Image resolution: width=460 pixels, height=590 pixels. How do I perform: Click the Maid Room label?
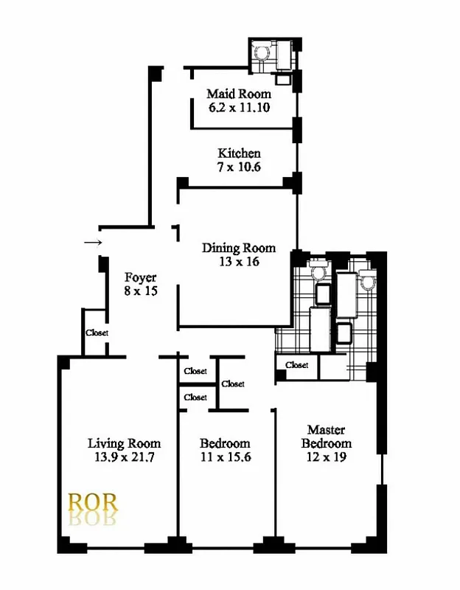click(x=238, y=94)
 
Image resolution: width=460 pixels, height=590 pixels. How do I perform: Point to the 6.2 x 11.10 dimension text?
click(x=238, y=108)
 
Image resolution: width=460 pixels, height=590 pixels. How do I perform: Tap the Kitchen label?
click(x=239, y=154)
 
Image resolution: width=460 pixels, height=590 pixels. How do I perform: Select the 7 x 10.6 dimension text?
click(x=239, y=167)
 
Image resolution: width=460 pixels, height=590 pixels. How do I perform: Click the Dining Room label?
click(x=239, y=248)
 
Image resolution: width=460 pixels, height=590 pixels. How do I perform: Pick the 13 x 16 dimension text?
click(x=239, y=261)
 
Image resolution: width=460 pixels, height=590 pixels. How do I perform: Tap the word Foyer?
click(x=140, y=278)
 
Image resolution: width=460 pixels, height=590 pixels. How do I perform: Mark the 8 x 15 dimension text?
click(x=140, y=291)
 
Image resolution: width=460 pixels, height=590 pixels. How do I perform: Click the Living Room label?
click(x=124, y=443)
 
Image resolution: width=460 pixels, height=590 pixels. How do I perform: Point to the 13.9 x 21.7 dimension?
click(x=124, y=457)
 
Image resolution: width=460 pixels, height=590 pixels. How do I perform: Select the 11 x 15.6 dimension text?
click(x=225, y=457)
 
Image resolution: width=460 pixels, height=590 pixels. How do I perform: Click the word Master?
click(x=326, y=430)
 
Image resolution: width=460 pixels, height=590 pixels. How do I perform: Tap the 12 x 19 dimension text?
click(x=326, y=457)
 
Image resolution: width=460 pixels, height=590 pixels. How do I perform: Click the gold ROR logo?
click(x=92, y=502)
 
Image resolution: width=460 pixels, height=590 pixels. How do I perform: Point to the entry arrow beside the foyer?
click(x=92, y=242)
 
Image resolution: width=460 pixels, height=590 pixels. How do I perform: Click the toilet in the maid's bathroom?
click(x=259, y=52)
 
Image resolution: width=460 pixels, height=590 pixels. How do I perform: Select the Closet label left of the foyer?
click(x=97, y=333)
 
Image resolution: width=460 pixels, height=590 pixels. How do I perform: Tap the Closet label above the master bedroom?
click(x=296, y=365)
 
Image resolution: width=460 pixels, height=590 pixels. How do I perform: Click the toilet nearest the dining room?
click(x=319, y=271)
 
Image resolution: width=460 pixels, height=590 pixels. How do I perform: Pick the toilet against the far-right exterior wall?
click(x=367, y=281)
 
